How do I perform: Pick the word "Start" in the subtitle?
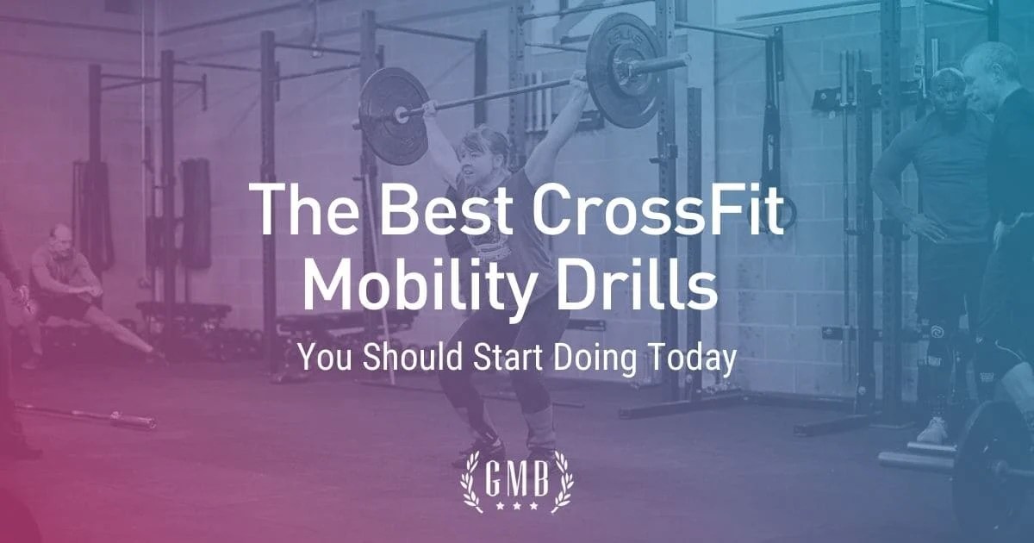tap(505, 359)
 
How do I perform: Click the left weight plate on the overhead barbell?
tap(392, 115)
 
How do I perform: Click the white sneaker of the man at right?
tap(933, 430)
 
